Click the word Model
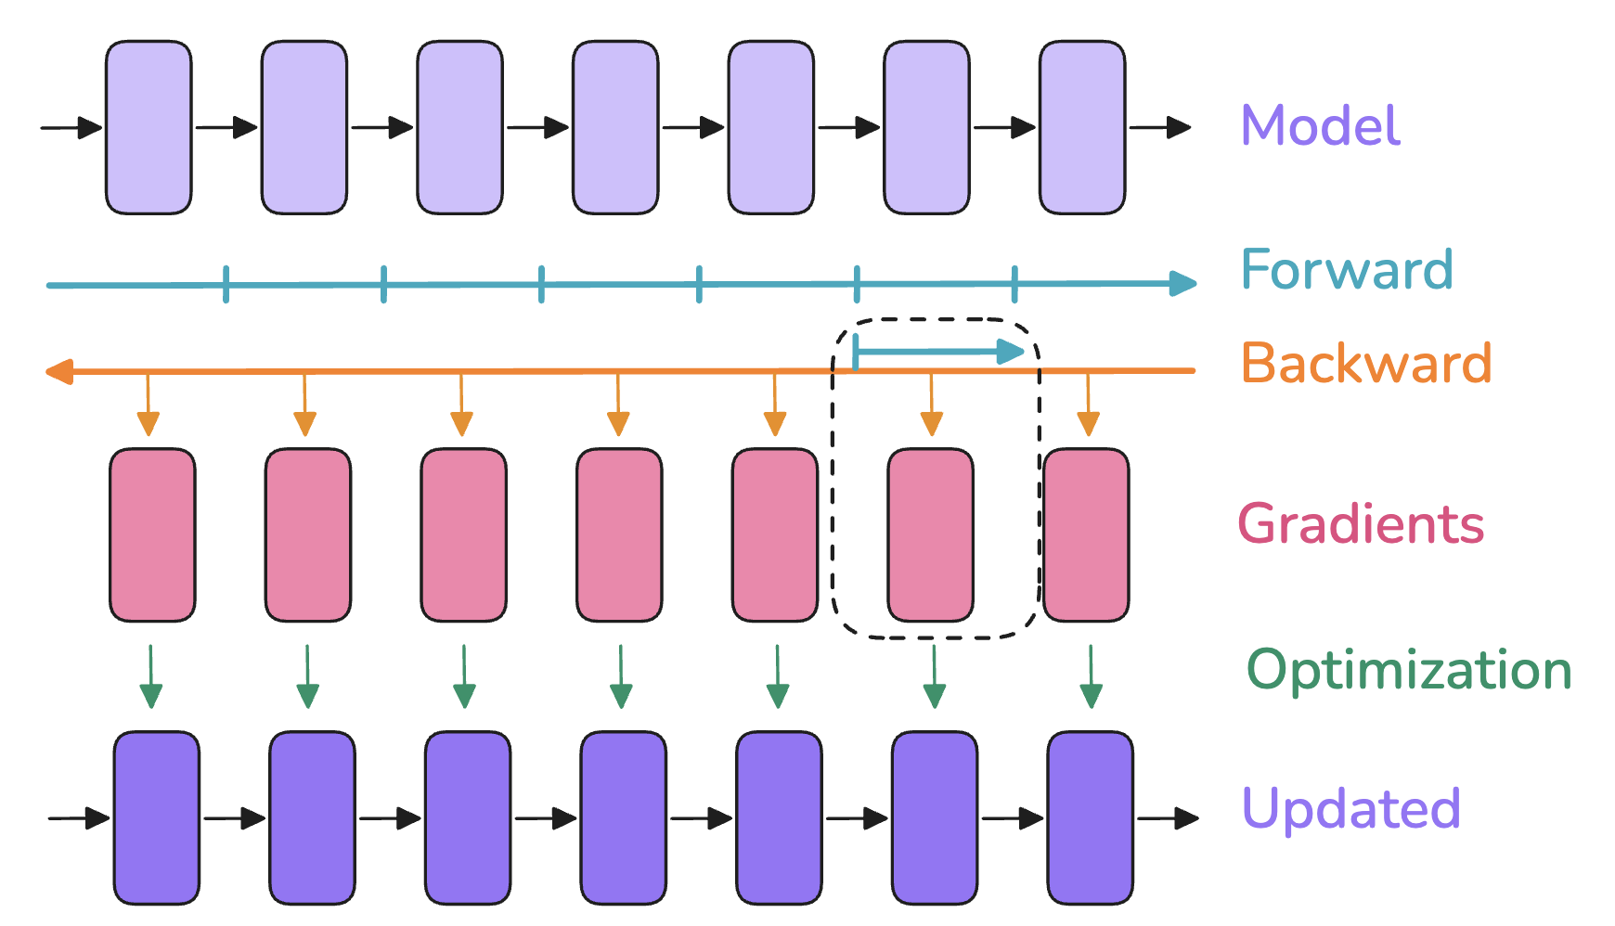tap(1320, 125)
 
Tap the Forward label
tap(1347, 269)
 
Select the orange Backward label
tap(1366, 362)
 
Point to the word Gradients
tap(1361, 524)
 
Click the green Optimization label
tap(1409, 671)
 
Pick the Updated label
tap(1351, 808)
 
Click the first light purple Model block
tap(149, 127)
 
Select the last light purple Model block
tap(1082, 127)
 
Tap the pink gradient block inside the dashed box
tap(931, 535)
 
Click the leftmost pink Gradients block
tap(152, 535)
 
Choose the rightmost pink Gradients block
tap(1086, 535)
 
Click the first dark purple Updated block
tap(157, 818)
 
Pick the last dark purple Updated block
tap(1091, 818)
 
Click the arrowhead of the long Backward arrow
tap(58, 372)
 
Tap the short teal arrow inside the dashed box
tap(938, 352)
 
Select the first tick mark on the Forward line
tap(226, 284)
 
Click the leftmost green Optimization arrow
tap(151, 677)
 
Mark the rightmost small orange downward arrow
tap(1089, 405)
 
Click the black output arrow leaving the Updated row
tap(1168, 818)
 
